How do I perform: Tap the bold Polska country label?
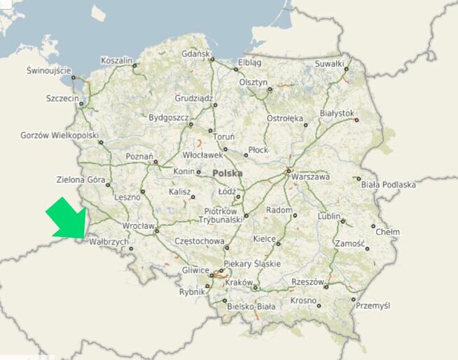228,172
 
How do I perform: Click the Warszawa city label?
310,177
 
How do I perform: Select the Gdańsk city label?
195,54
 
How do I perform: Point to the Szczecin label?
62,99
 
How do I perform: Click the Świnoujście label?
49,71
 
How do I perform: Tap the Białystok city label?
337,113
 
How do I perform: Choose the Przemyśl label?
373,306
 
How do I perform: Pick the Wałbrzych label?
109,242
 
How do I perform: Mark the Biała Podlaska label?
389,185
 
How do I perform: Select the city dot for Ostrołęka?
305,125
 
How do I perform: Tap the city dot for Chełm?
373,226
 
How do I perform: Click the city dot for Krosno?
319,305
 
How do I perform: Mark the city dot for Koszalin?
135,66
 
